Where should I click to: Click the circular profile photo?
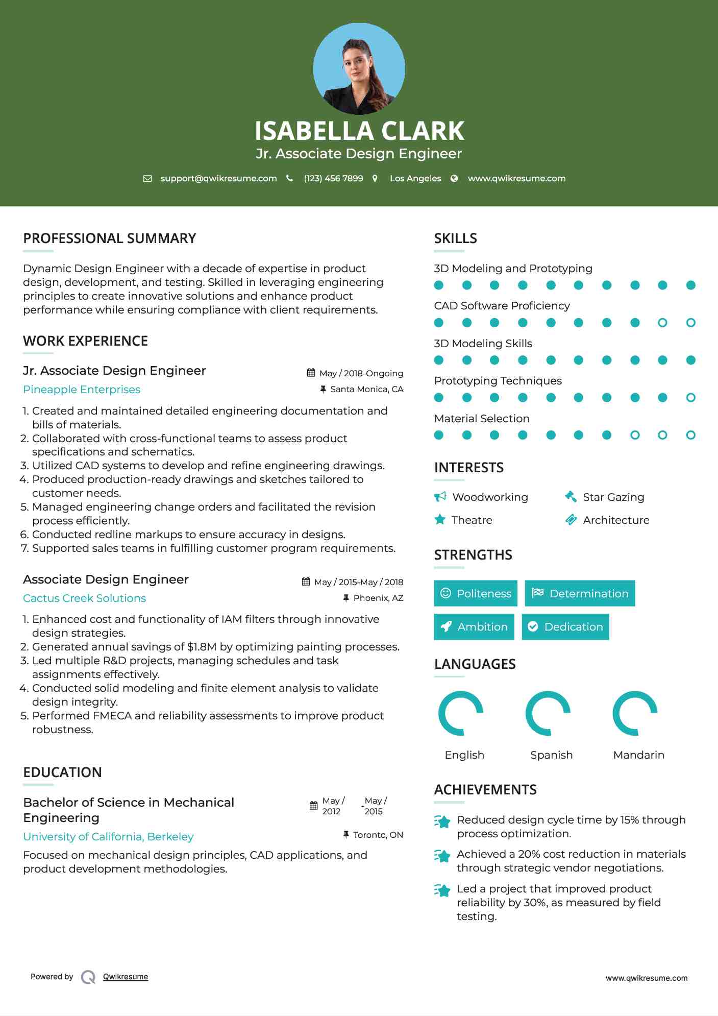click(359, 68)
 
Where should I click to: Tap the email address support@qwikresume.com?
click(218, 178)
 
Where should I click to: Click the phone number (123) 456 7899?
click(333, 178)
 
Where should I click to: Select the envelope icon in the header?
click(147, 178)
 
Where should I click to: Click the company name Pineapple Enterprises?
click(82, 390)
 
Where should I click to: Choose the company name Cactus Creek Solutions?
click(84, 598)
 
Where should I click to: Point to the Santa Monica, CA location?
click(366, 389)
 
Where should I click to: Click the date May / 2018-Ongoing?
click(361, 373)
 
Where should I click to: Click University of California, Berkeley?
click(108, 837)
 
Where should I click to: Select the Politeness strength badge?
click(475, 593)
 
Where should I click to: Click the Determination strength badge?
click(580, 593)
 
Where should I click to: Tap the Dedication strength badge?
click(565, 626)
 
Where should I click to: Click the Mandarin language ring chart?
click(635, 713)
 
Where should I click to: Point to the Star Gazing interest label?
click(613, 497)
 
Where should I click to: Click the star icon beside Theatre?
click(439, 520)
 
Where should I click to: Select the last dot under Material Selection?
click(690, 435)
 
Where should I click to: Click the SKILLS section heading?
click(455, 238)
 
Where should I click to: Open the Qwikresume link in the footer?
click(125, 977)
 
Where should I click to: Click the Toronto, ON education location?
click(378, 835)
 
